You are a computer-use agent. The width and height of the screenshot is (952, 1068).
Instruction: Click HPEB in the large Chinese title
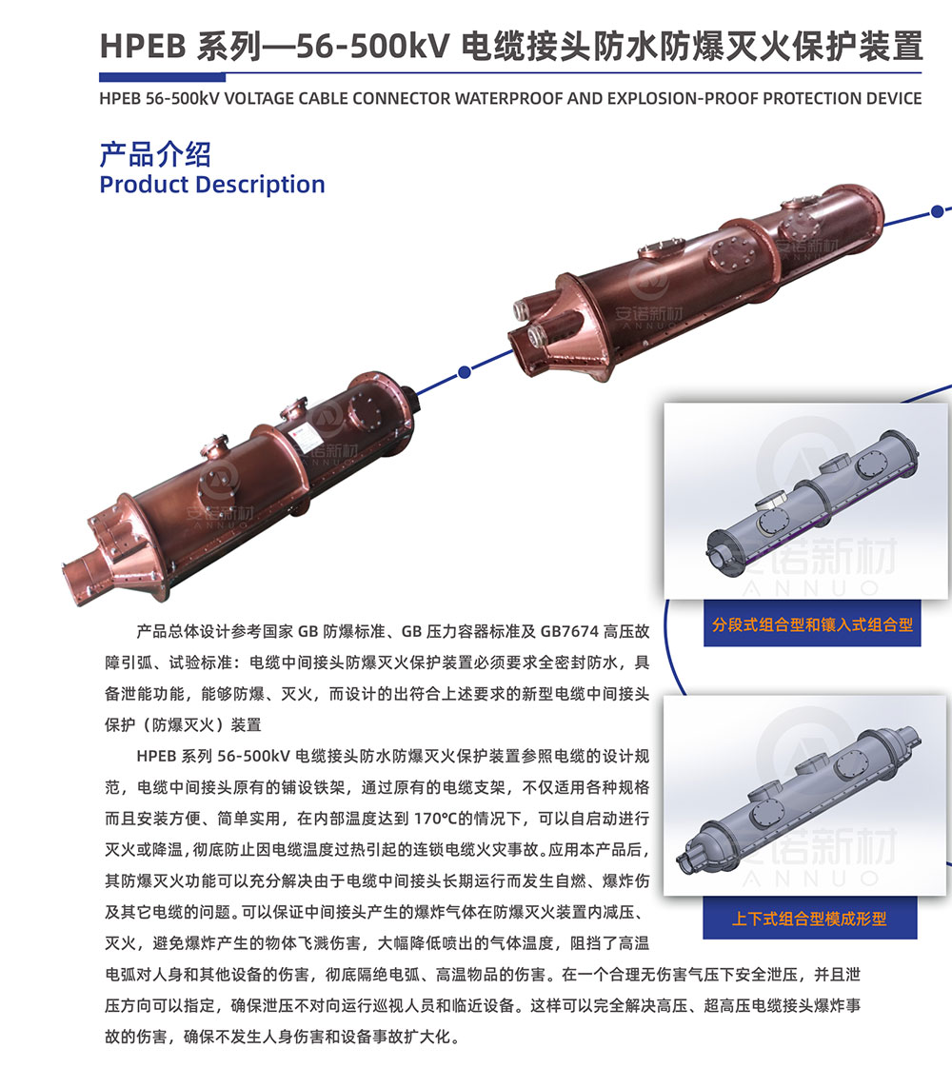142,47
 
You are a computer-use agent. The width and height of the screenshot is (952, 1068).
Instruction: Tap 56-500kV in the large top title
373,47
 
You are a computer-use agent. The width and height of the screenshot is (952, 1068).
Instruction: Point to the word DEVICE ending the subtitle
894,99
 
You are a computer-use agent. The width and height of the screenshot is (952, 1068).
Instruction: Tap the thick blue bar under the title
162,77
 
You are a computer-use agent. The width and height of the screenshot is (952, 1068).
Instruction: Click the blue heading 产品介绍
155,154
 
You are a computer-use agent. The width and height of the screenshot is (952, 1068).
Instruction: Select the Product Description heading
211,185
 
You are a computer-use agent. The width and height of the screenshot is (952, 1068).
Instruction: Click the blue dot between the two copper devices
465,372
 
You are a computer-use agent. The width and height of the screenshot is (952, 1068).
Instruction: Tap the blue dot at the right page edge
938,211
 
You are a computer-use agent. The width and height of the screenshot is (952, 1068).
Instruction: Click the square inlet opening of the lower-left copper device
83,569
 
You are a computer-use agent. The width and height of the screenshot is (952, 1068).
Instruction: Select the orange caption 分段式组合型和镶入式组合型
812,624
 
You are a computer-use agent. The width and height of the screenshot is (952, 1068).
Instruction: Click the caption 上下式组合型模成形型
809,919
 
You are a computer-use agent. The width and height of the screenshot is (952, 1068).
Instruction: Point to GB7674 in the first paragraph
569,632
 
